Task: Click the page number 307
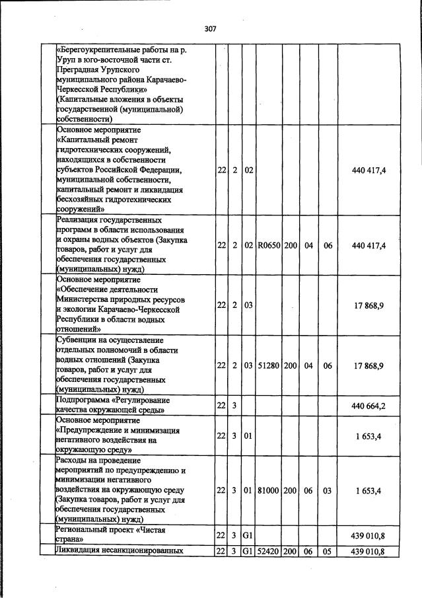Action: coord(211,28)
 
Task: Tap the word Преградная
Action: coord(77,69)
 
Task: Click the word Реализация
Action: coord(81,219)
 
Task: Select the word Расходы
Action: coord(75,460)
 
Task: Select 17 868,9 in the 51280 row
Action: coord(369,365)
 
